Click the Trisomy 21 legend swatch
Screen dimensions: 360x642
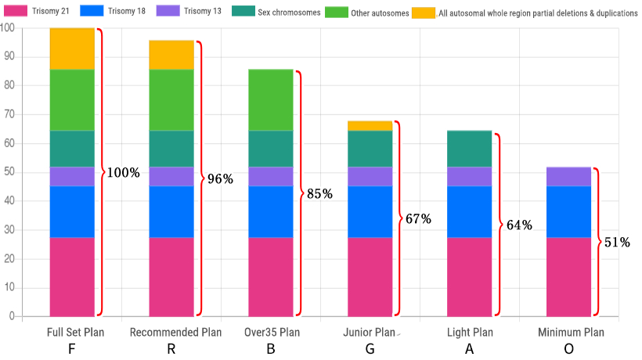(19, 12)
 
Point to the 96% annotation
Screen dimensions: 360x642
(220, 178)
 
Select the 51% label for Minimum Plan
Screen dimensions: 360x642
(617, 242)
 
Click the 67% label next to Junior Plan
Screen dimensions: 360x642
(418, 219)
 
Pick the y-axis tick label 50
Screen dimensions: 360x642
(7, 172)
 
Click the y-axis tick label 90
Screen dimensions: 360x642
(7, 57)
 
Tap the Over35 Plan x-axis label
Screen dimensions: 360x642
(271, 332)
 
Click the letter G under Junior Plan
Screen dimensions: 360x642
(370, 348)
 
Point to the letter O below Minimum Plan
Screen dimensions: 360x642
(569, 348)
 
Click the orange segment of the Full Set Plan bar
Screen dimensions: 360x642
(72, 49)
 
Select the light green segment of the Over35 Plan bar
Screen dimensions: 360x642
(271, 100)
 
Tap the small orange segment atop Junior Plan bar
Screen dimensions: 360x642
(370, 126)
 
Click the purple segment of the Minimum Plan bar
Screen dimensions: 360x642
(569, 176)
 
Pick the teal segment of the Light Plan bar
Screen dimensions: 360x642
(470, 149)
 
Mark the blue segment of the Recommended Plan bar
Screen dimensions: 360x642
(171, 211)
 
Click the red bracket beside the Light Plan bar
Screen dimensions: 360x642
(498, 225)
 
